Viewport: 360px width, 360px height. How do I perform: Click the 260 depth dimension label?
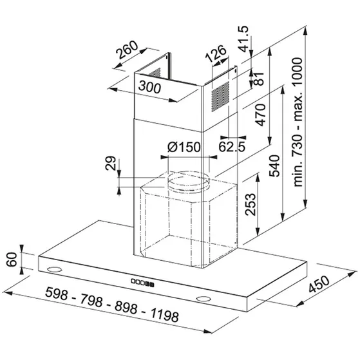127,50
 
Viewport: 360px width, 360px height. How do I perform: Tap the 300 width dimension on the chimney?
149,88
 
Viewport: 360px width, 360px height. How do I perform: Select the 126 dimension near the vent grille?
215,54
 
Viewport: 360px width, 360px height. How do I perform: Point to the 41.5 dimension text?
243,39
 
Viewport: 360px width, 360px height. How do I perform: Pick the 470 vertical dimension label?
261,115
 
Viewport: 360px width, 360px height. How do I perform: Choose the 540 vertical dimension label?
274,166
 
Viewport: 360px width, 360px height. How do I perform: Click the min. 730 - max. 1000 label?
298,122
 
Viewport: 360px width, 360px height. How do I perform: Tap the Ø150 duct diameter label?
184,147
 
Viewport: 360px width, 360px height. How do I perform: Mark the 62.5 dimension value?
232,146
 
